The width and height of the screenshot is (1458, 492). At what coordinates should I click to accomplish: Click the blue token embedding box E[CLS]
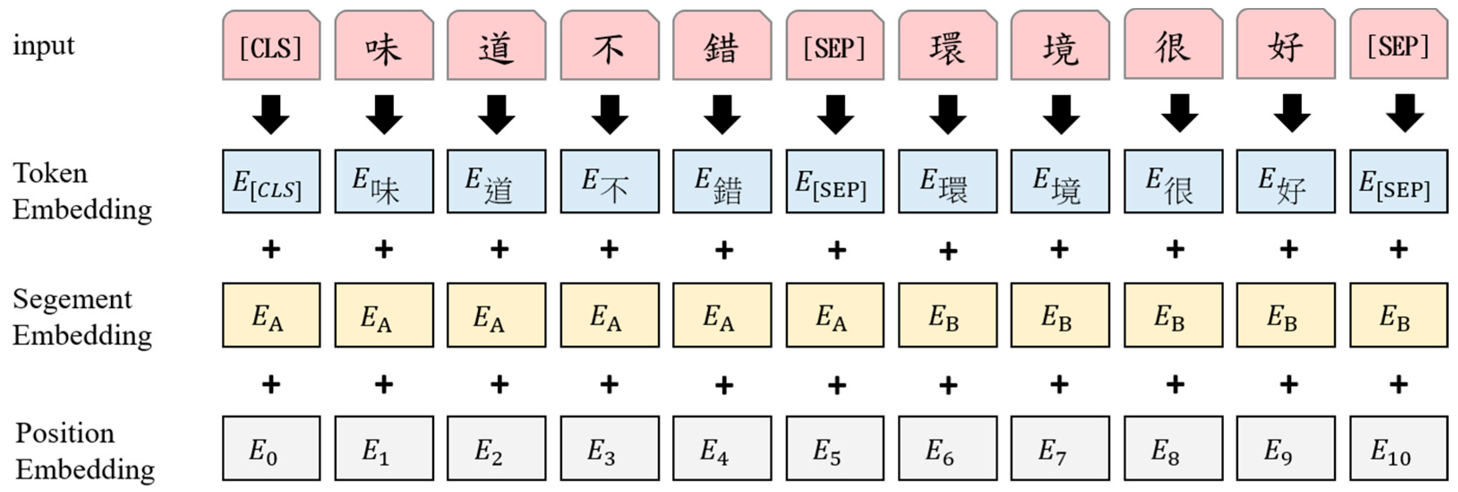click(x=271, y=182)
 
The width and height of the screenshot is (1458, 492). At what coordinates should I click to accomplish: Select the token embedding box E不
click(x=610, y=182)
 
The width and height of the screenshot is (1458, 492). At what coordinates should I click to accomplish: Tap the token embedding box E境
click(x=1060, y=182)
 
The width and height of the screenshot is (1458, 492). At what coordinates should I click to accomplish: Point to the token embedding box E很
click(x=1173, y=182)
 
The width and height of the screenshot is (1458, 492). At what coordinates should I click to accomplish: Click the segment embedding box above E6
click(x=947, y=315)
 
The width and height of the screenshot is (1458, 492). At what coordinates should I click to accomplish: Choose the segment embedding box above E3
click(x=610, y=315)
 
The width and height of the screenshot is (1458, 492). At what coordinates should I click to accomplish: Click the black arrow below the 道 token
click(x=496, y=114)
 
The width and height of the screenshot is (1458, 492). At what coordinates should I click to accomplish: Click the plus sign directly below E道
click(x=499, y=249)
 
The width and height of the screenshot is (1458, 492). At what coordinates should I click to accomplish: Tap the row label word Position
click(x=64, y=433)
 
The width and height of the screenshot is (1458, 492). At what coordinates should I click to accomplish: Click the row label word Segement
click(x=72, y=299)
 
